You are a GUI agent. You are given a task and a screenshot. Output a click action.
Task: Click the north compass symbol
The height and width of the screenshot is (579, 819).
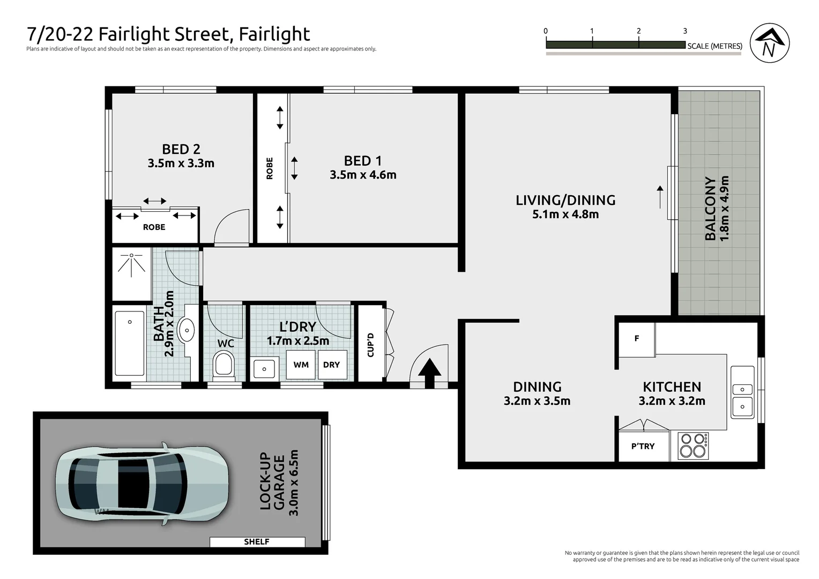[769, 44]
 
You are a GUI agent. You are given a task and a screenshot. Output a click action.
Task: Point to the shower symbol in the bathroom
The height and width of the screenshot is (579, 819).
[131, 264]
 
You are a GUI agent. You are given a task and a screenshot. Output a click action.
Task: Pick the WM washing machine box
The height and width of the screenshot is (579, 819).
[301, 365]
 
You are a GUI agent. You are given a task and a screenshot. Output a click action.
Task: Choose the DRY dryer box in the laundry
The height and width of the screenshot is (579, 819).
[332, 365]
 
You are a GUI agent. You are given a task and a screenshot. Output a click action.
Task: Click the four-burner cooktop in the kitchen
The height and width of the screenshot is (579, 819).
[693, 446]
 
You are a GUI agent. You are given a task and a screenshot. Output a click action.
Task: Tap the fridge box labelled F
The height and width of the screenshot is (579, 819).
[637, 339]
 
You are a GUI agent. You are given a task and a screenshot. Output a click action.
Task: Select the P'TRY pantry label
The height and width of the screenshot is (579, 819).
[643, 446]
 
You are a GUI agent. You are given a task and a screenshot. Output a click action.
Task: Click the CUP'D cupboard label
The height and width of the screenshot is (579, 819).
[370, 345]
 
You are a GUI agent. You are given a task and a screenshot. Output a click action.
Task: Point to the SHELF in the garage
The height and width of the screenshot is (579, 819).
[257, 542]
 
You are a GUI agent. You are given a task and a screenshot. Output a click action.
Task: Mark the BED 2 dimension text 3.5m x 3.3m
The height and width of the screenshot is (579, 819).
[181, 164]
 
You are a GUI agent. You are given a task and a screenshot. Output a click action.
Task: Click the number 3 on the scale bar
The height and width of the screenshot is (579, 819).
[685, 31]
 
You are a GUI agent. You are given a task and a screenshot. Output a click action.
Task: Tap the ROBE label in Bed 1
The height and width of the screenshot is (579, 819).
[270, 168]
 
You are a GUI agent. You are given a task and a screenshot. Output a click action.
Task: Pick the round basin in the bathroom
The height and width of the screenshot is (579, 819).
[187, 330]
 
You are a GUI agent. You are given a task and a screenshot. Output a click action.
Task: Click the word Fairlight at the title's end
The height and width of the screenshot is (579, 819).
[274, 34]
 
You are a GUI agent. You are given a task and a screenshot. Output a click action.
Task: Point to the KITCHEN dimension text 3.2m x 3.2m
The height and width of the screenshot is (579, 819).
[672, 401]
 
